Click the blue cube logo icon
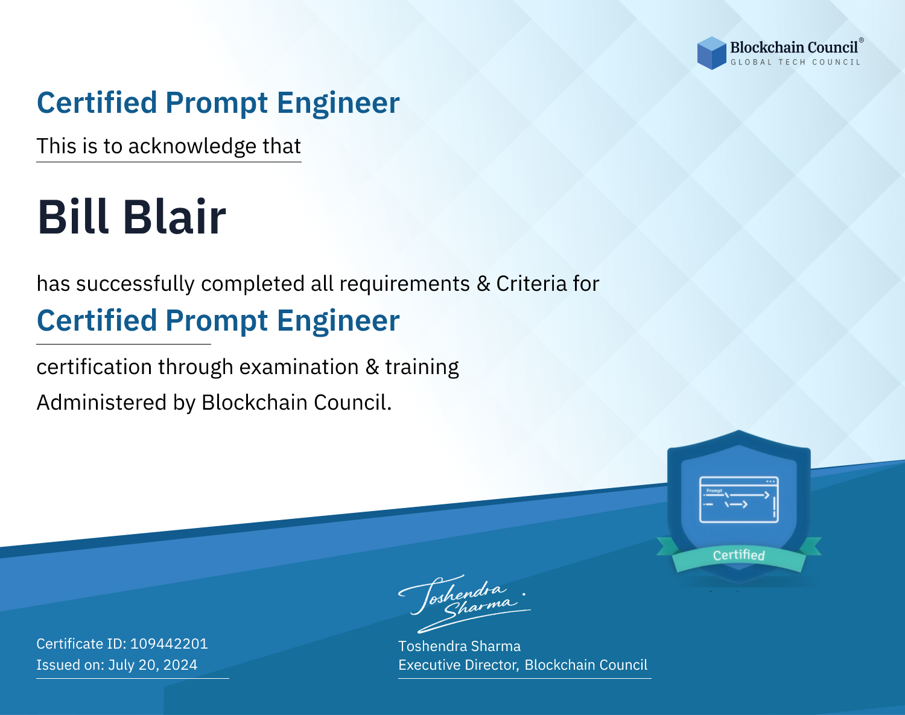click(711, 53)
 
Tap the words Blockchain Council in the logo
click(794, 48)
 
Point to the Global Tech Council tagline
click(796, 62)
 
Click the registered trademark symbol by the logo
click(862, 40)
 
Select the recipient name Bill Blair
click(132, 217)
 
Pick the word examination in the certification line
click(299, 367)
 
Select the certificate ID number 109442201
click(169, 644)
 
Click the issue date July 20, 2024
click(153, 665)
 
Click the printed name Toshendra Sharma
click(459, 646)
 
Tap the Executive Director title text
click(458, 665)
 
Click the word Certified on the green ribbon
click(739, 555)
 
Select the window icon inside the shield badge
click(739, 500)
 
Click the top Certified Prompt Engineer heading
click(218, 103)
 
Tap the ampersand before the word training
click(372, 367)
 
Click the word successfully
click(135, 284)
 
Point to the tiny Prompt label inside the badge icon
click(714, 491)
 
